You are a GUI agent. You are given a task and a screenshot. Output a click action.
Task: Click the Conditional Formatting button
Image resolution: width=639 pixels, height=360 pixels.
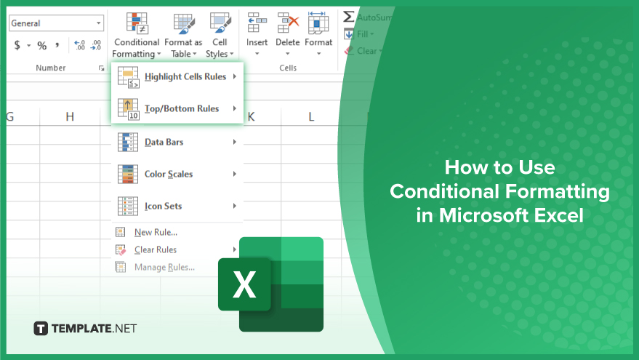(x=137, y=35)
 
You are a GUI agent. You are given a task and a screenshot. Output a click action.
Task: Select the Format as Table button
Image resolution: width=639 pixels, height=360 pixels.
(x=183, y=35)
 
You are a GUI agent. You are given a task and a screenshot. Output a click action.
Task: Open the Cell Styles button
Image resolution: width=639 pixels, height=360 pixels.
(x=220, y=35)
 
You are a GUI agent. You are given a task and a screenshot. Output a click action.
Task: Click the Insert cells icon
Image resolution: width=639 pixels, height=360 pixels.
(x=257, y=23)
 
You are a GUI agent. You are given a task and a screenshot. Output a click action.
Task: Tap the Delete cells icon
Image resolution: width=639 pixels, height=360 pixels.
(x=288, y=23)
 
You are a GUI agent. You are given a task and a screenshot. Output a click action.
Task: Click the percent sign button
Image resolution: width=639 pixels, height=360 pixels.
(x=42, y=45)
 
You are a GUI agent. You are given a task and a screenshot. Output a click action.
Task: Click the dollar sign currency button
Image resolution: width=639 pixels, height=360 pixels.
(x=17, y=45)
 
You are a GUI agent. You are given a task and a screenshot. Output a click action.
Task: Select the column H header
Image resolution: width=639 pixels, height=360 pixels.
(x=70, y=117)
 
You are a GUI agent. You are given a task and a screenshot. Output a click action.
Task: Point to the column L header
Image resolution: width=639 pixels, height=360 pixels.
(x=311, y=117)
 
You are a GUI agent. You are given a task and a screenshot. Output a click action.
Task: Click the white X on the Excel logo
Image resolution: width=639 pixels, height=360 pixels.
(x=244, y=284)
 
